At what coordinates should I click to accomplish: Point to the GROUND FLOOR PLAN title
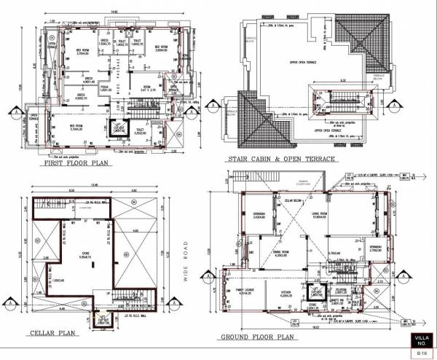click(x=258, y=337)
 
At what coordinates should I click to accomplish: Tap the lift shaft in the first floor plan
click(x=117, y=128)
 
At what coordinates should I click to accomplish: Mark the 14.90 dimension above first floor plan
click(x=114, y=11)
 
